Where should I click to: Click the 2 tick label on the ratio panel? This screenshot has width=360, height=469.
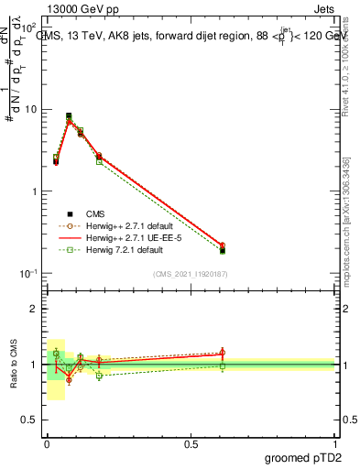click(32, 309)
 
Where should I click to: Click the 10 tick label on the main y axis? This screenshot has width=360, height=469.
click(29, 109)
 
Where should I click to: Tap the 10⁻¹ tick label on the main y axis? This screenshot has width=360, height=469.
click(27, 274)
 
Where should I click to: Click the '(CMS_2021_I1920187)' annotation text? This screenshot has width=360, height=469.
click(191, 274)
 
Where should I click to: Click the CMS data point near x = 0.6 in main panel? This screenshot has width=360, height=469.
click(223, 249)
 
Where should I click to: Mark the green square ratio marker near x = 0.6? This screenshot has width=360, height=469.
click(223, 366)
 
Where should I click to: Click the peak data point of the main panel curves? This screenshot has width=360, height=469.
click(69, 116)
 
